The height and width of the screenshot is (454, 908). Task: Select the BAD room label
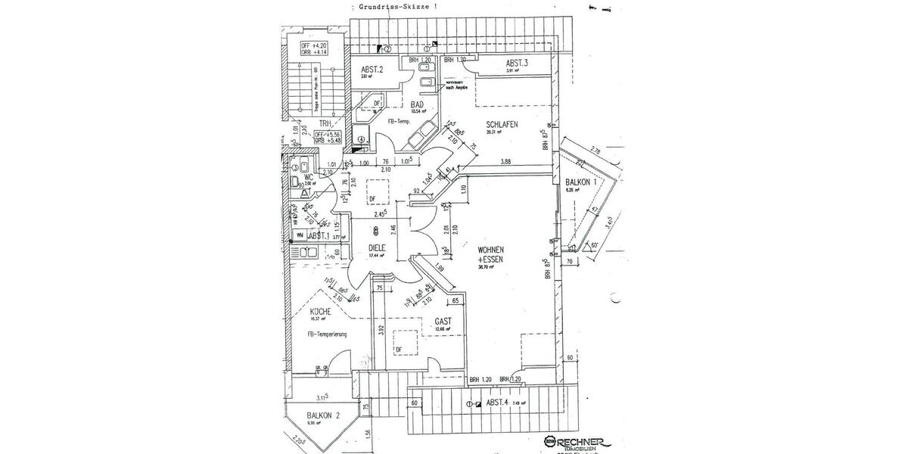pyautogui.click(x=417, y=104)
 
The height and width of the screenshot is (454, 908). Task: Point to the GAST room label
pyautogui.click(x=443, y=322)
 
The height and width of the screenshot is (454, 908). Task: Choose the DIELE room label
pyautogui.click(x=378, y=247)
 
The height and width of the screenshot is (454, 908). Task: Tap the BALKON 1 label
pyautogui.click(x=582, y=182)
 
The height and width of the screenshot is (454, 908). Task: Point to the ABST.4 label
pyautogui.click(x=499, y=403)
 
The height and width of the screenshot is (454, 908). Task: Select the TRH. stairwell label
pyautogui.click(x=325, y=123)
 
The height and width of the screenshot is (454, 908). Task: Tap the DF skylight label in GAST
pyautogui.click(x=398, y=350)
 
